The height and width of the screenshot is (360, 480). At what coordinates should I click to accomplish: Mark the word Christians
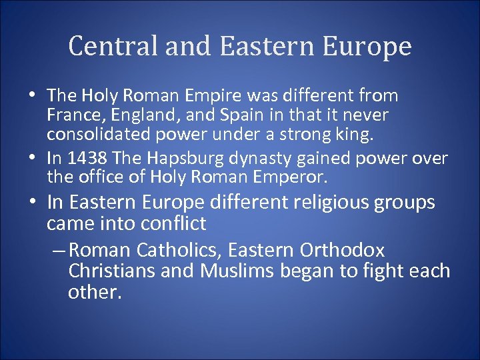(x=108, y=271)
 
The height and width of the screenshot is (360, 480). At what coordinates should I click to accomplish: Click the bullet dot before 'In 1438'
(x=33, y=159)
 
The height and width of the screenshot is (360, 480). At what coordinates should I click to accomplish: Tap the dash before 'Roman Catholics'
(x=57, y=251)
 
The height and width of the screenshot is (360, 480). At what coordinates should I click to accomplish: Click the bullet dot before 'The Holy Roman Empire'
(x=33, y=97)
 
